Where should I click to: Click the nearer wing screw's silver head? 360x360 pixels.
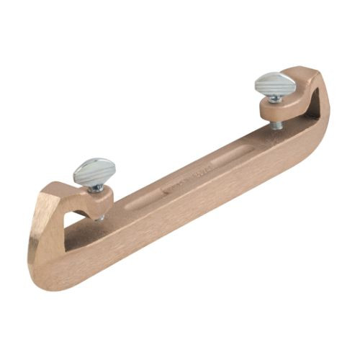tap(94, 171)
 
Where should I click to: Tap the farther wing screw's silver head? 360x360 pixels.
tap(274, 84)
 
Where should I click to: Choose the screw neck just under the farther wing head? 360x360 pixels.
tap(276, 100)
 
